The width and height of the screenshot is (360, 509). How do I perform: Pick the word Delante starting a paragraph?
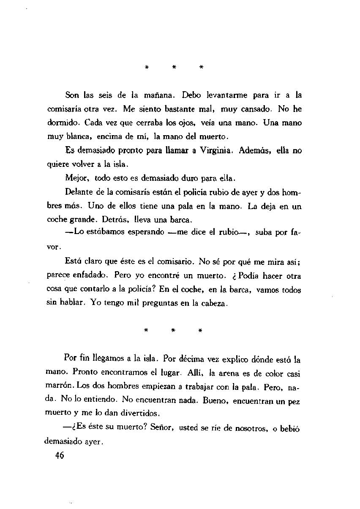tap(80, 192)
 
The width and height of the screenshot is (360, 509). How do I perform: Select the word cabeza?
tap(213, 304)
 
